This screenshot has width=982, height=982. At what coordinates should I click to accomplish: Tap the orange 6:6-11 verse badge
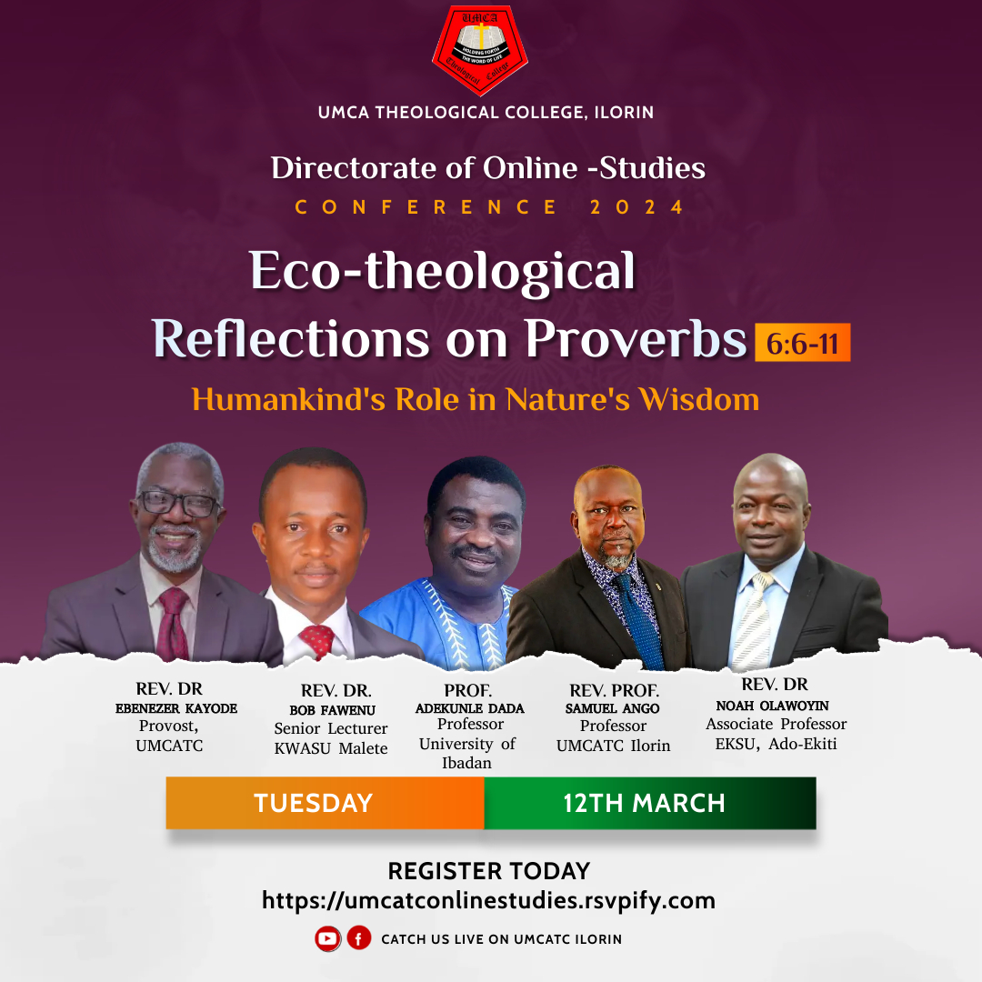click(802, 343)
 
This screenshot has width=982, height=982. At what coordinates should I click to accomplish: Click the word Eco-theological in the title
click(442, 271)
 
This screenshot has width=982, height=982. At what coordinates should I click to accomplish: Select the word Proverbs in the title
click(636, 339)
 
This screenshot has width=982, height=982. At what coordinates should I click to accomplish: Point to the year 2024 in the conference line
click(636, 207)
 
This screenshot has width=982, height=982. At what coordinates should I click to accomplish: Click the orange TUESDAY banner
click(325, 803)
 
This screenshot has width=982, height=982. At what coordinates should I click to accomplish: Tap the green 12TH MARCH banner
click(650, 803)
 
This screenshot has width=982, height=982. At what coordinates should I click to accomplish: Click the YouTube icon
click(327, 938)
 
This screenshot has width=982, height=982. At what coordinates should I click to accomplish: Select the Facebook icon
click(359, 938)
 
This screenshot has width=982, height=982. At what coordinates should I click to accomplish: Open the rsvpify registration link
click(488, 900)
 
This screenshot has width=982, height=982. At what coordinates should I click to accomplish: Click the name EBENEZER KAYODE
click(176, 708)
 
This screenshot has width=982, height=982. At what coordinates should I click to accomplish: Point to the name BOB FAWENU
click(332, 710)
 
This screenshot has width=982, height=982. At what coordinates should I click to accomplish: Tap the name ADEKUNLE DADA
click(470, 708)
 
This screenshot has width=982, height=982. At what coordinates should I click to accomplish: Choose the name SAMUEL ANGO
click(613, 708)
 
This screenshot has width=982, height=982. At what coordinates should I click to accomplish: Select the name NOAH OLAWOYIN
click(772, 706)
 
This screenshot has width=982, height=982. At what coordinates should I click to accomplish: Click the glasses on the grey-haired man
click(178, 502)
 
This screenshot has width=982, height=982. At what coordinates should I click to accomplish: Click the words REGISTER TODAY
click(489, 871)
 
